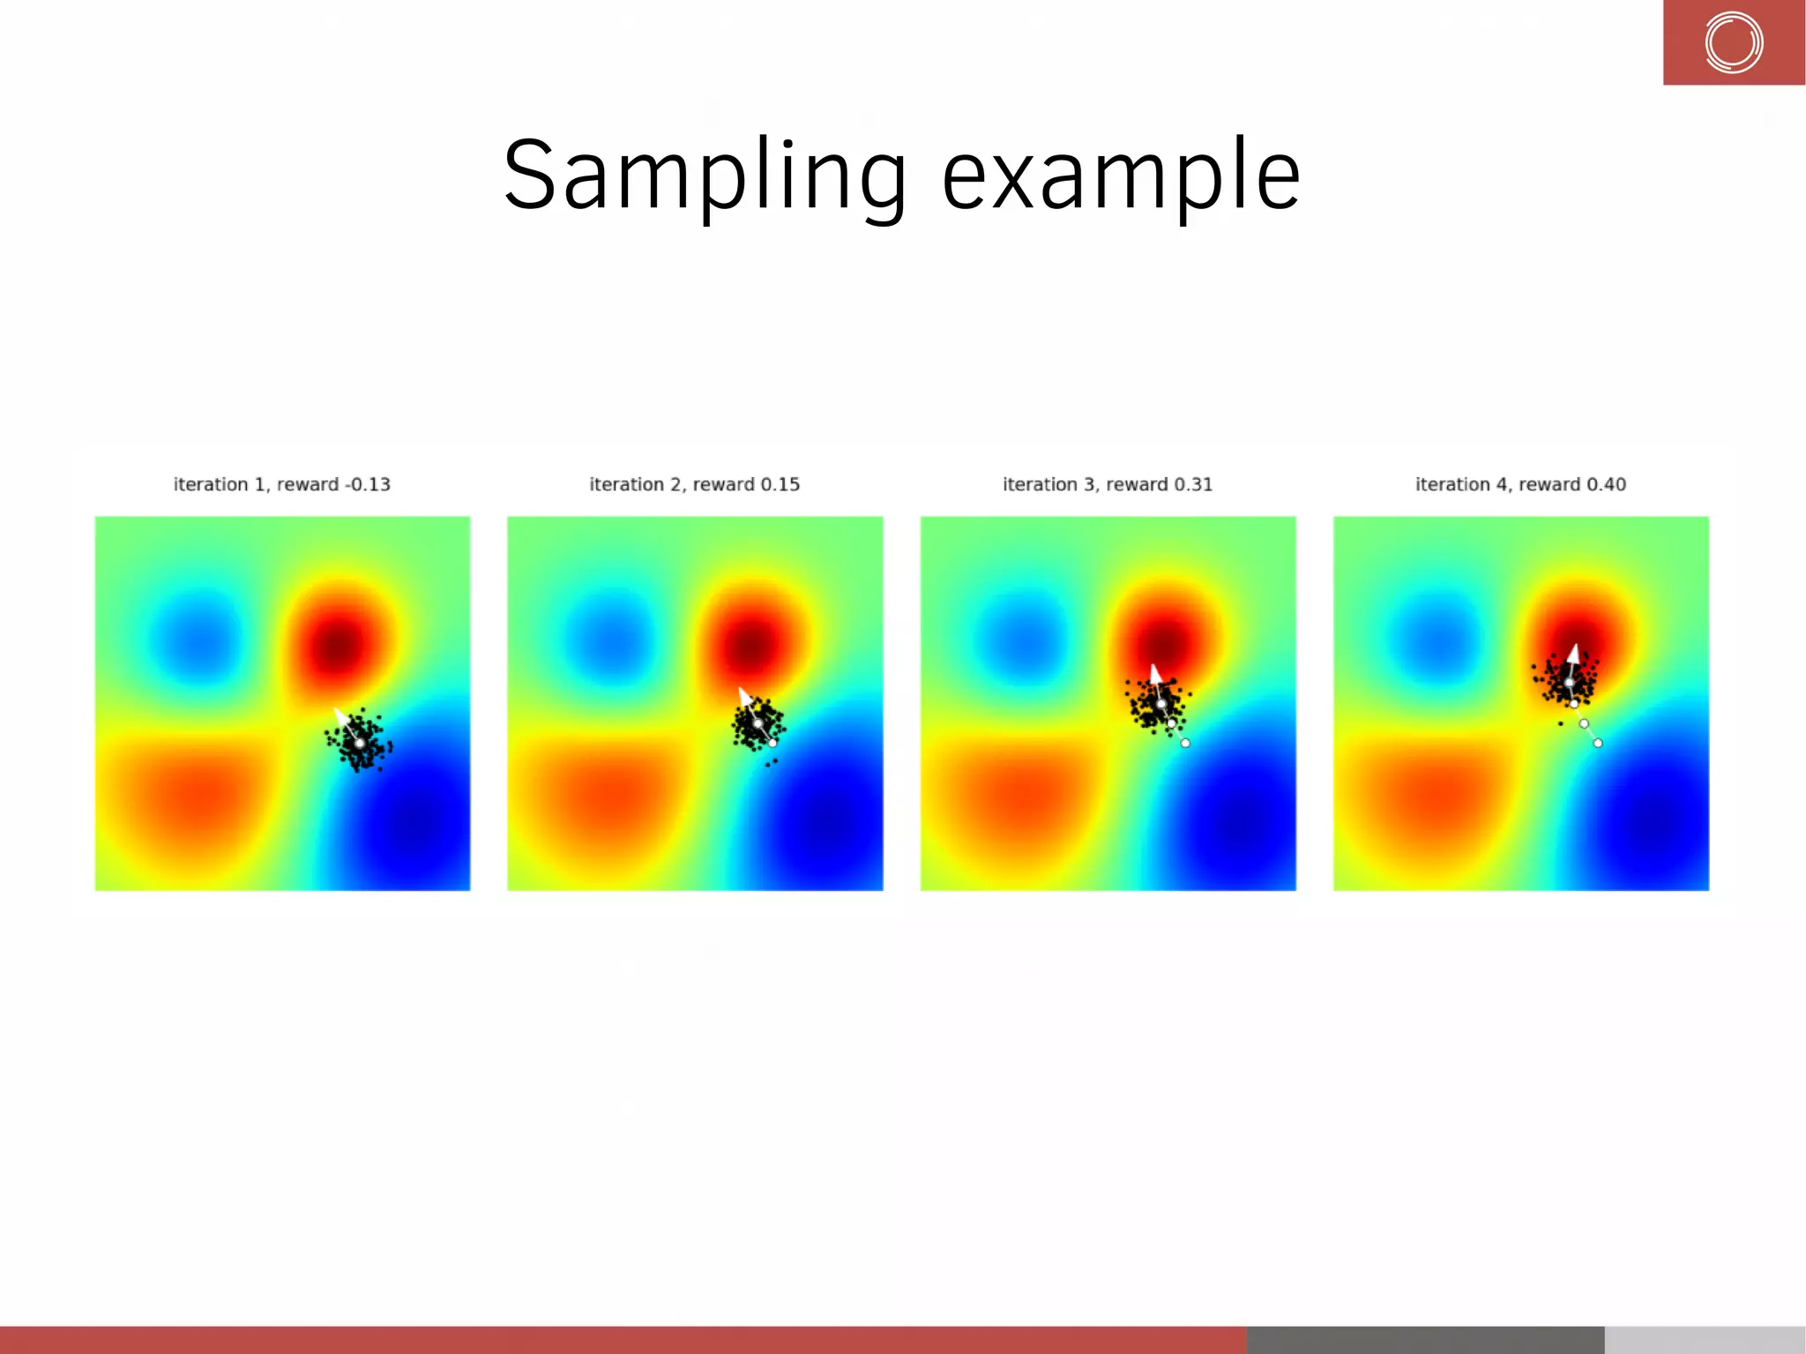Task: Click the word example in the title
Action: pos(1120,176)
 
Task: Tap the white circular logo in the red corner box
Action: pos(1733,42)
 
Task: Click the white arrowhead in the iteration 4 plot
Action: pos(1572,655)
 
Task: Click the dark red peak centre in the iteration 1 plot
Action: pos(336,646)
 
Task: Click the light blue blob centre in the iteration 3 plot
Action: pos(1023,635)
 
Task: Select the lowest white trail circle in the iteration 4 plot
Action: pos(1598,743)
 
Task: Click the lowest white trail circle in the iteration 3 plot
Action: pos(1185,743)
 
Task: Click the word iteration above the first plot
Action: pos(210,484)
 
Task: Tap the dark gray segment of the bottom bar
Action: pos(1424,1339)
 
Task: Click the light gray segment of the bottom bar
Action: pos(1704,1339)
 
